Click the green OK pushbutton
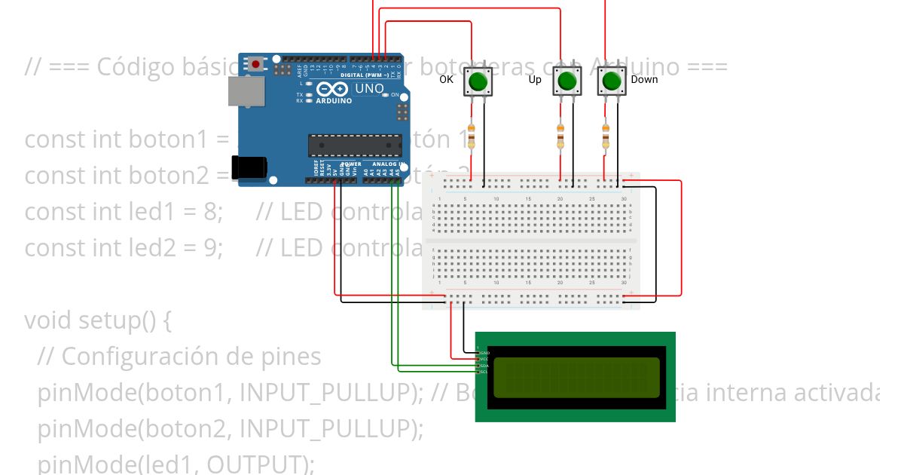click(x=477, y=81)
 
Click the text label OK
click(x=447, y=79)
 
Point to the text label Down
click(x=644, y=79)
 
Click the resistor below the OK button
click(x=472, y=137)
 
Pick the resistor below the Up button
click(x=560, y=137)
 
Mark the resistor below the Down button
click(x=605, y=137)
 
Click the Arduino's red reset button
click(x=256, y=64)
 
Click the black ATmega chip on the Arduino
click(x=354, y=146)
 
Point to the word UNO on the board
click(x=369, y=89)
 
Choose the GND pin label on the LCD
click(x=485, y=353)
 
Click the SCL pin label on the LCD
click(x=485, y=372)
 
